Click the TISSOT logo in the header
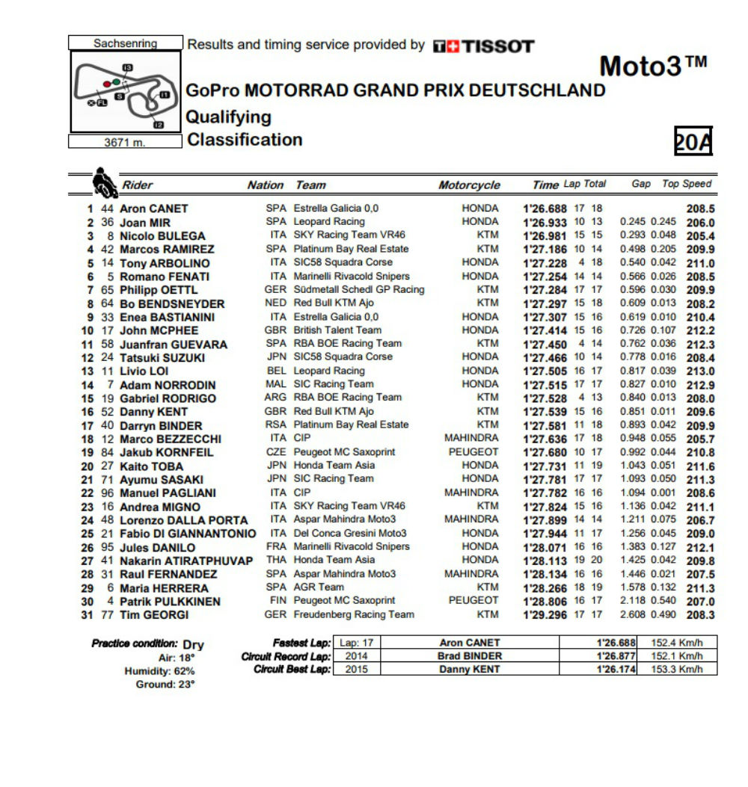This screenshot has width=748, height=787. pos(484,46)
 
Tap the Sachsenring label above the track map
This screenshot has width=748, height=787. pos(125,43)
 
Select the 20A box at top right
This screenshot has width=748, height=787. pos(693,141)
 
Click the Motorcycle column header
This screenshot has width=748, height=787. pos(469,185)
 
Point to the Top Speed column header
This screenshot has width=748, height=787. pos(687,184)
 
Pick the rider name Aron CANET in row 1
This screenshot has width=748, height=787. pos(154,209)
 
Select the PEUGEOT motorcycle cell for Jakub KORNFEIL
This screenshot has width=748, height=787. pos(473,452)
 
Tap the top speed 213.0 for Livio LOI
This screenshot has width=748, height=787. pos(700,371)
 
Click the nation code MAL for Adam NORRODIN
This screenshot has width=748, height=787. pos(275,384)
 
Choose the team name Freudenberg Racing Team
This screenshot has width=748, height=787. pos(354,614)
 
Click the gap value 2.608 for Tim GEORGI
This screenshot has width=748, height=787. pos(633,614)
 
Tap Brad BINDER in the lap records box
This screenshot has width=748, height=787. pos(470,656)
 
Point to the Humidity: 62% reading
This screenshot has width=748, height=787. pos(159,671)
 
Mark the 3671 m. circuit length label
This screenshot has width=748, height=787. pos(125,142)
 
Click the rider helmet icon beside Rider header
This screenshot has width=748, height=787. pos(103,182)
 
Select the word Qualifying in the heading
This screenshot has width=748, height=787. pos(228,117)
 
